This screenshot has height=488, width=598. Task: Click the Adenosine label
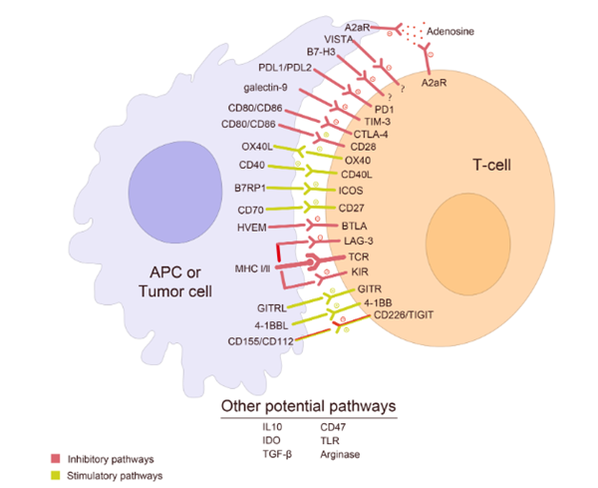click(x=449, y=32)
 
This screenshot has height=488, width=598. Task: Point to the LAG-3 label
click(x=357, y=242)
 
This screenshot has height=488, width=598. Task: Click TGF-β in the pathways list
click(x=268, y=453)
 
